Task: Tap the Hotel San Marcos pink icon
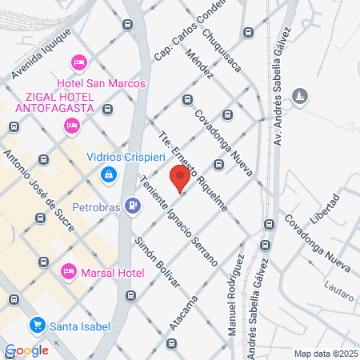click(x=78, y=62)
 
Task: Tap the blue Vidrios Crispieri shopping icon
click(x=108, y=174)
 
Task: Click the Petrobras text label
click(x=94, y=205)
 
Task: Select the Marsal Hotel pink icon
click(x=69, y=272)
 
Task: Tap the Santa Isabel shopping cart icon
click(x=36, y=325)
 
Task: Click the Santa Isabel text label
click(x=81, y=325)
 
